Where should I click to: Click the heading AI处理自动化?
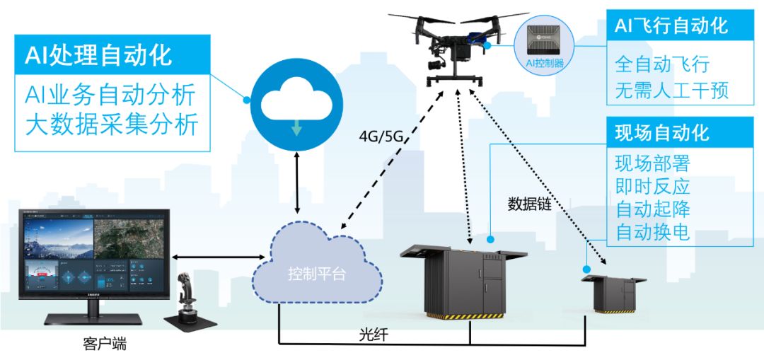tap(99, 55)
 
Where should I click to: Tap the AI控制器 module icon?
tap(543, 44)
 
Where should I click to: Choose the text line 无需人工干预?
tap(671, 91)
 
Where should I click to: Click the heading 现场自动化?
tap(662, 132)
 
